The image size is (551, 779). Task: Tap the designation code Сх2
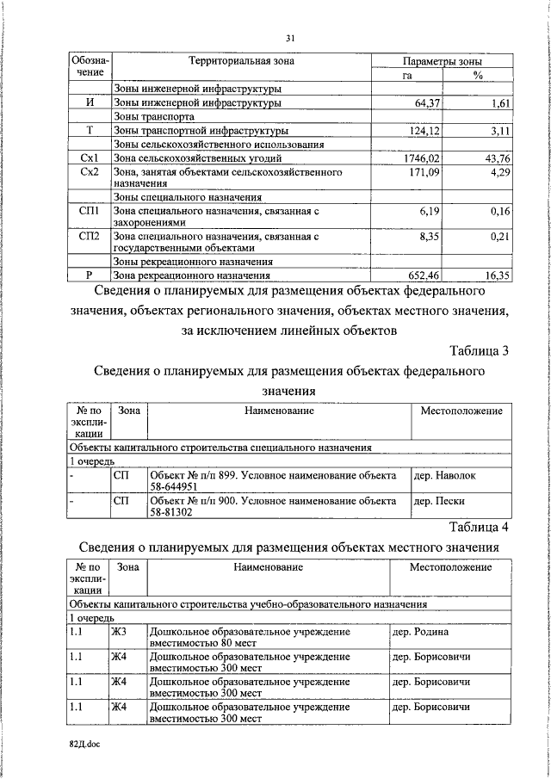tap(90, 173)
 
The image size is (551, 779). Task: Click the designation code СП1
tap(90, 211)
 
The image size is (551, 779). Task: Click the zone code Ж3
tap(118, 632)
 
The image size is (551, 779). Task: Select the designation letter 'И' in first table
tap(90, 102)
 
